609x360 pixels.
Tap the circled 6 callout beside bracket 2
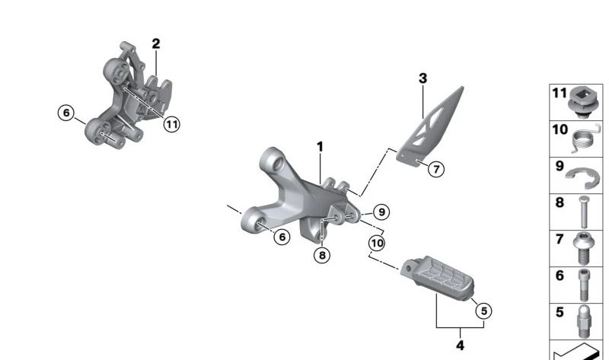(66, 113)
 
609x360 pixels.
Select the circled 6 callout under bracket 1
(282, 237)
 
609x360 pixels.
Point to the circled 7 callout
(435, 169)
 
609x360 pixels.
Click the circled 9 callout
(381, 212)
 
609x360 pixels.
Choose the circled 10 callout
(377, 243)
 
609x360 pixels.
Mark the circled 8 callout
(322, 256)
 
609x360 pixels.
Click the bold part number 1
(320, 146)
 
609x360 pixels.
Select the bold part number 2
(156, 43)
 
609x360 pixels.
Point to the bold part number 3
(423, 78)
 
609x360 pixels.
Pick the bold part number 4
(460, 345)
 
